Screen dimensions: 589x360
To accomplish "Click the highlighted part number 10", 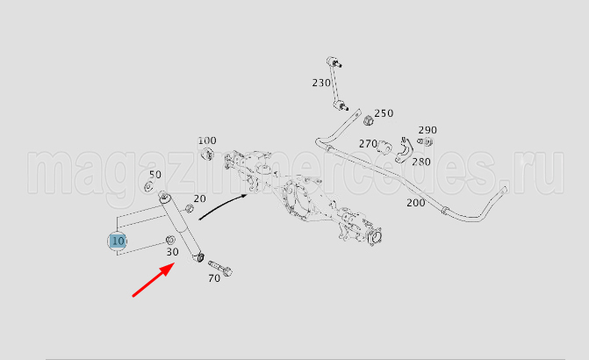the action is (x=118, y=241).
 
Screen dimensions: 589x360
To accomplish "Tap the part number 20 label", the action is (x=199, y=198).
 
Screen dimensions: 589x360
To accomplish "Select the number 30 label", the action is (x=172, y=252).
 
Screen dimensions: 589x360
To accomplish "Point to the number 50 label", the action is (x=155, y=175).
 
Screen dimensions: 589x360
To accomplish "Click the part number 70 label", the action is (x=214, y=278).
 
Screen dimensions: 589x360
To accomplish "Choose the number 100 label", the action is (x=207, y=140).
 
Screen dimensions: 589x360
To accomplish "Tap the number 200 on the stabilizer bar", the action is (x=416, y=203).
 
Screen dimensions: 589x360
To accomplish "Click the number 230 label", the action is (x=321, y=83).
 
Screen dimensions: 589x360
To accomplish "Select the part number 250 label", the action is (x=384, y=113).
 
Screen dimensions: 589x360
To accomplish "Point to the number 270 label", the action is (x=368, y=144).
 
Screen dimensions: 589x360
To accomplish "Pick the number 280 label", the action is (x=421, y=162).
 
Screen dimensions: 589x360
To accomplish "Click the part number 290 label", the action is (x=427, y=130).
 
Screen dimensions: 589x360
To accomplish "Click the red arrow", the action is (x=154, y=280).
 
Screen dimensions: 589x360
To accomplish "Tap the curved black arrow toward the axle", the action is (x=222, y=205).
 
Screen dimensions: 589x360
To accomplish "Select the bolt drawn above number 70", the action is (x=220, y=269).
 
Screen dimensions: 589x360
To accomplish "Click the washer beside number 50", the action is (x=148, y=186).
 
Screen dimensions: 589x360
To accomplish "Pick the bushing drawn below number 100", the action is (x=207, y=154).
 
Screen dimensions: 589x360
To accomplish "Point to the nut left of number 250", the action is (x=369, y=120).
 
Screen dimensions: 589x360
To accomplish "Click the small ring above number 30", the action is (x=170, y=240).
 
